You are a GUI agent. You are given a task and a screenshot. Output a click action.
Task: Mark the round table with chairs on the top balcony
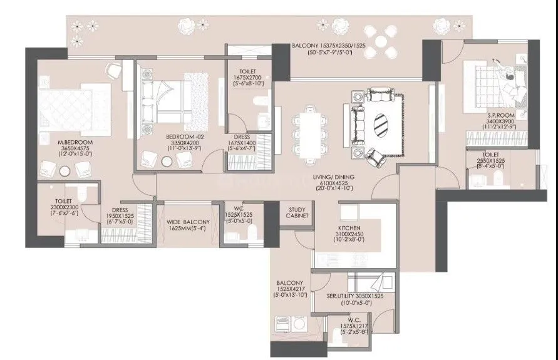point(381,42)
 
